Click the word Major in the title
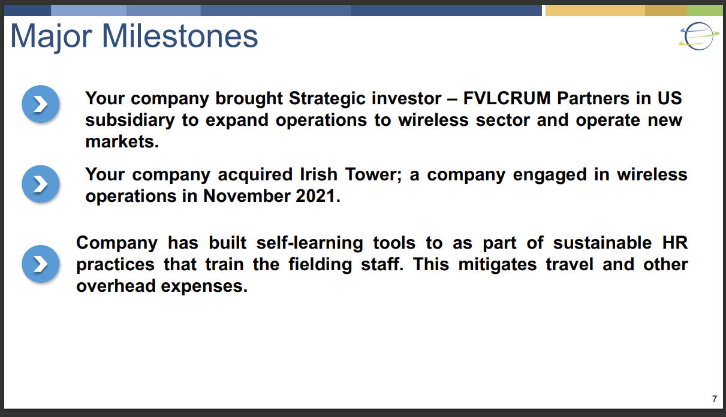52,38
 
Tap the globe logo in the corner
699,36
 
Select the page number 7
715,399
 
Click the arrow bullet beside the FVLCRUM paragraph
41,104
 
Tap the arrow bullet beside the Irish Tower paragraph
41,184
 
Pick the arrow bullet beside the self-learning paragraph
41,264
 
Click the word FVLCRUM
507,98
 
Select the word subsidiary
129,120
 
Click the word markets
122,141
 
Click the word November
246,196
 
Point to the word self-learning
309,243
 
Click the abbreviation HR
675,243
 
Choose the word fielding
320,265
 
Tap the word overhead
116,286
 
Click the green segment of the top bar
704,10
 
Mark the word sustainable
602,243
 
